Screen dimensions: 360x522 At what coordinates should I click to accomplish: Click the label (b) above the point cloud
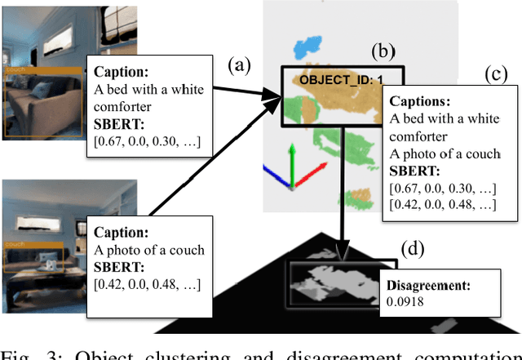[381, 51]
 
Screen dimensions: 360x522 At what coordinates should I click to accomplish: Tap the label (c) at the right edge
[494, 75]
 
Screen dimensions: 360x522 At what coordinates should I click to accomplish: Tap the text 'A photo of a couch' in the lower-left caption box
[149, 250]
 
